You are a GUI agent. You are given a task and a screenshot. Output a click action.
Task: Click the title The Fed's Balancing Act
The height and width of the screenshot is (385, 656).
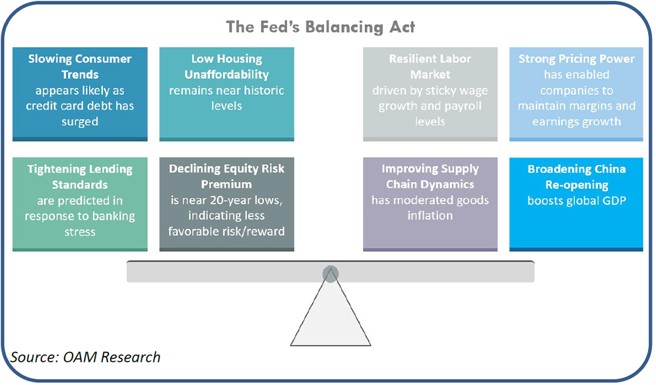point(321,27)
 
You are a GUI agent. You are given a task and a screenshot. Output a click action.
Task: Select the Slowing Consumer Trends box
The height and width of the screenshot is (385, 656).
point(80,94)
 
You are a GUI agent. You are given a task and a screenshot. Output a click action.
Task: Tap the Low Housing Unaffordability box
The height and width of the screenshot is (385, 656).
point(227,94)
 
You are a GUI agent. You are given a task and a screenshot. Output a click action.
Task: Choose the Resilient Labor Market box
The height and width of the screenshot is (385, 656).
point(430,94)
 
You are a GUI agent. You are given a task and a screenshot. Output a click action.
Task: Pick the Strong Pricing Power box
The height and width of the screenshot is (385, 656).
point(576,94)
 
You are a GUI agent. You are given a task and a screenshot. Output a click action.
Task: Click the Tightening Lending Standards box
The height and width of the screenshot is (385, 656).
point(80,204)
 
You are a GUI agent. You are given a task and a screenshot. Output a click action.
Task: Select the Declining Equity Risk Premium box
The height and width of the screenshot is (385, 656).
point(227,204)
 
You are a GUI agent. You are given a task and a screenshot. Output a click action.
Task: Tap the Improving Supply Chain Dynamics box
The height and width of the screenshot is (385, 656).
point(430,204)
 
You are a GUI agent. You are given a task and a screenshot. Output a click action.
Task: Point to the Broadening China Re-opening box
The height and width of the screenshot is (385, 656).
point(576,204)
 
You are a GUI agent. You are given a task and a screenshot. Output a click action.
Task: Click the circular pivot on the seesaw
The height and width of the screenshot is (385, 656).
point(331,274)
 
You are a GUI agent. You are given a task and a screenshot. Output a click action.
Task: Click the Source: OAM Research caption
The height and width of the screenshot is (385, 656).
point(85,357)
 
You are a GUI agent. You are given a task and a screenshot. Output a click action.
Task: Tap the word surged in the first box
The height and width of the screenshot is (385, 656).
point(80,122)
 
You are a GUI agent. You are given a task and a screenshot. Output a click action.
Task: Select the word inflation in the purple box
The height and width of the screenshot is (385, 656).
point(430,216)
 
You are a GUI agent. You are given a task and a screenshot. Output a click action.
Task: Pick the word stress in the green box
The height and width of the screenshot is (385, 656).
point(80,232)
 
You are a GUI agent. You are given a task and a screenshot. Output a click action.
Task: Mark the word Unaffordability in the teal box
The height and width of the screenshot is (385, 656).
point(227,74)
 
